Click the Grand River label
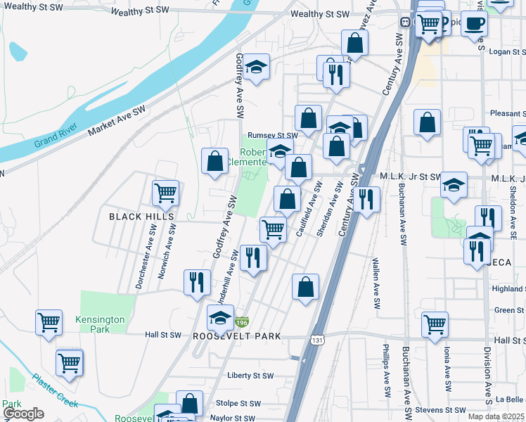click(54, 141)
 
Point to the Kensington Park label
click(101, 324)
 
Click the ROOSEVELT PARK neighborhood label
click(237, 336)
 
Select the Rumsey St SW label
click(272, 135)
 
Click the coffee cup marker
click(474, 23)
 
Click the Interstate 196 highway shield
click(241, 321)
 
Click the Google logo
click(23, 414)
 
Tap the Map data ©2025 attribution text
click(496, 416)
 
